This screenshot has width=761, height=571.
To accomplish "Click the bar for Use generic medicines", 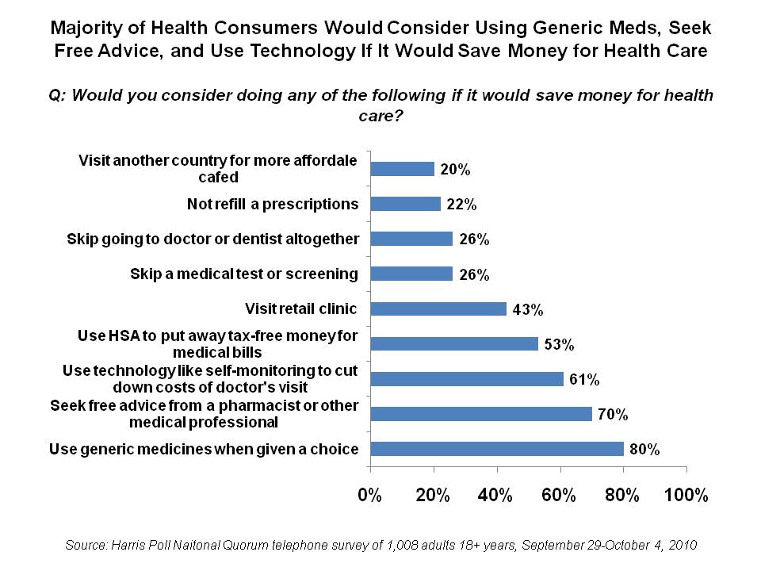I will click(x=497, y=449).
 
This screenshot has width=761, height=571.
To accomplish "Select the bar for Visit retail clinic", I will click(x=438, y=308).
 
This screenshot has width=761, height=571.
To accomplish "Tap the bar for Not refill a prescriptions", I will click(x=405, y=204).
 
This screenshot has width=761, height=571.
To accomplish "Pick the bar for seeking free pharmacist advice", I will click(x=481, y=413).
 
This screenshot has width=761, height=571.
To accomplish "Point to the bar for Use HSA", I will click(x=454, y=343).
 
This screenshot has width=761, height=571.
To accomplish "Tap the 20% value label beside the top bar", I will click(x=456, y=170).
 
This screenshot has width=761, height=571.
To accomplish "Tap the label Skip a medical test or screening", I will click(x=244, y=274).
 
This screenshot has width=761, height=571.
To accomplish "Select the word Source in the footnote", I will click(x=87, y=546).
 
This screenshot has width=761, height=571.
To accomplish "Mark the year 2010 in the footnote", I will click(x=680, y=546).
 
